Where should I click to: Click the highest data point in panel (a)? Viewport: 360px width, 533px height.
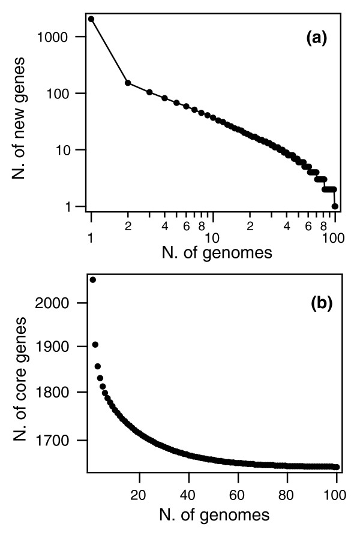tap(91, 19)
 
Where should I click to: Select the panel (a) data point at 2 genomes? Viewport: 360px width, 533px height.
tap(128, 83)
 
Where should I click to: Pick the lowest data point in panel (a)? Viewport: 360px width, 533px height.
tap(335, 206)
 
